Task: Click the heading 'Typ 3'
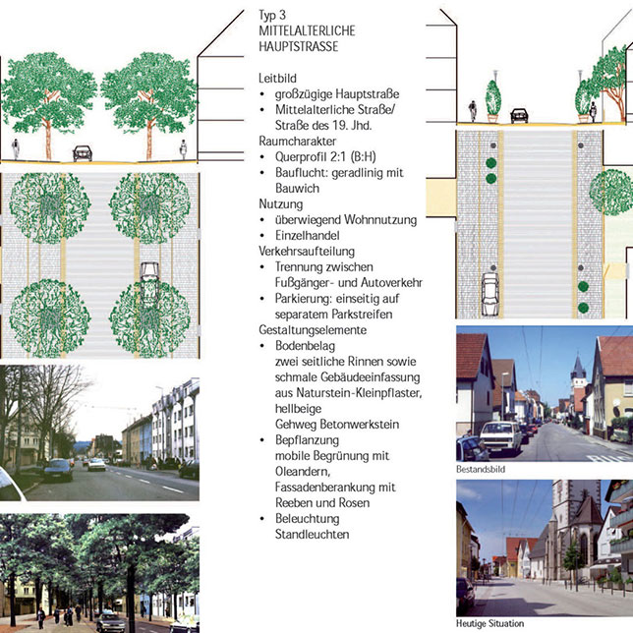tap(272, 16)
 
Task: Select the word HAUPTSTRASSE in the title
tap(299, 46)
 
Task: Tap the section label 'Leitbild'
tap(277, 78)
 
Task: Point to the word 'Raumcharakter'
tap(298, 141)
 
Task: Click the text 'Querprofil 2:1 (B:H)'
tap(325, 156)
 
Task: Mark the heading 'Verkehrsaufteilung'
tap(307, 251)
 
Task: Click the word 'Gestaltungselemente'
tap(313, 330)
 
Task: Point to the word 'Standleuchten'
tap(312, 534)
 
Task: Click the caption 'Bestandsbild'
tap(481, 469)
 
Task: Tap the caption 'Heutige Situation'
tap(489, 623)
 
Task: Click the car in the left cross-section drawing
tap(83, 153)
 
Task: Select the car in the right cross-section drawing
tap(519, 115)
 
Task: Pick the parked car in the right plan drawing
tap(490, 294)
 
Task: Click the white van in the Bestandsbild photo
tap(500, 437)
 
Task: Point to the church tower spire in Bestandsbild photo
tap(578, 366)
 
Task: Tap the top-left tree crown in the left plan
tap(50, 208)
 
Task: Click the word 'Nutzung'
tap(280, 203)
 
